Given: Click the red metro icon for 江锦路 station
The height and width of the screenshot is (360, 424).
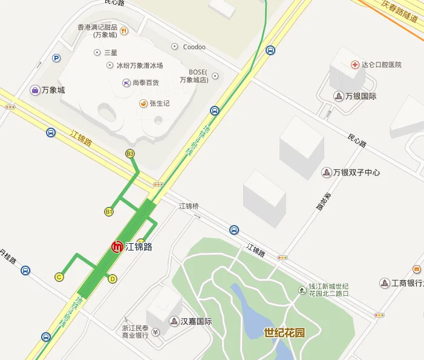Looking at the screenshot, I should pyautogui.click(x=118, y=247).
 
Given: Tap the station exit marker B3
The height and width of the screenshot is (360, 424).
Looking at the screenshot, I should pyautogui.click(x=130, y=154).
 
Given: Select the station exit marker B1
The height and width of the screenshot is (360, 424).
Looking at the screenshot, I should pyautogui.click(x=109, y=212).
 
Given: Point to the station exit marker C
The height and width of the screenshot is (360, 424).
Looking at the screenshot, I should pyautogui.click(x=59, y=277).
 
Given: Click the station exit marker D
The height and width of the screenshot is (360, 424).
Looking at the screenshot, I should pyautogui.click(x=113, y=278).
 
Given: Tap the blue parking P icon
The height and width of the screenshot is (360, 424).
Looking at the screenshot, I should pyautogui.click(x=57, y=59).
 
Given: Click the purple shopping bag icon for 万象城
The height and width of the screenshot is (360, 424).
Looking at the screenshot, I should pyautogui.click(x=36, y=90).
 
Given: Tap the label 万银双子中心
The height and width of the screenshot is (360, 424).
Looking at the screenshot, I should pyautogui.click(x=356, y=172).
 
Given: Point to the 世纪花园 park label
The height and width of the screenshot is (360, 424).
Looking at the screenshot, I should pyautogui.click(x=284, y=332).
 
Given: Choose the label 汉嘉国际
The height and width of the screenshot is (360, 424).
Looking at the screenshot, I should pyautogui.click(x=196, y=321).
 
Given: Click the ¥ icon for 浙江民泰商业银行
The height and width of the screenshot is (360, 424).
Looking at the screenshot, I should pyautogui.click(x=155, y=332).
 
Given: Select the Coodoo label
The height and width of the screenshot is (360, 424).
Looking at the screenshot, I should pyautogui.click(x=194, y=47).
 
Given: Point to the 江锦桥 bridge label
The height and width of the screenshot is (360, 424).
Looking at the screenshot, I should pyautogui.click(x=188, y=206).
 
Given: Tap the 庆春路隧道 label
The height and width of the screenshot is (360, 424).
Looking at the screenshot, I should pyautogui.click(x=400, y=11).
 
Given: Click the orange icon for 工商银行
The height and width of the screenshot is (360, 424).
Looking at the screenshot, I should pyautogui.click(x=417, y=269).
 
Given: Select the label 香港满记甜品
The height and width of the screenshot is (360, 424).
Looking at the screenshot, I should pyautogui.click(x=97, y=27).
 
